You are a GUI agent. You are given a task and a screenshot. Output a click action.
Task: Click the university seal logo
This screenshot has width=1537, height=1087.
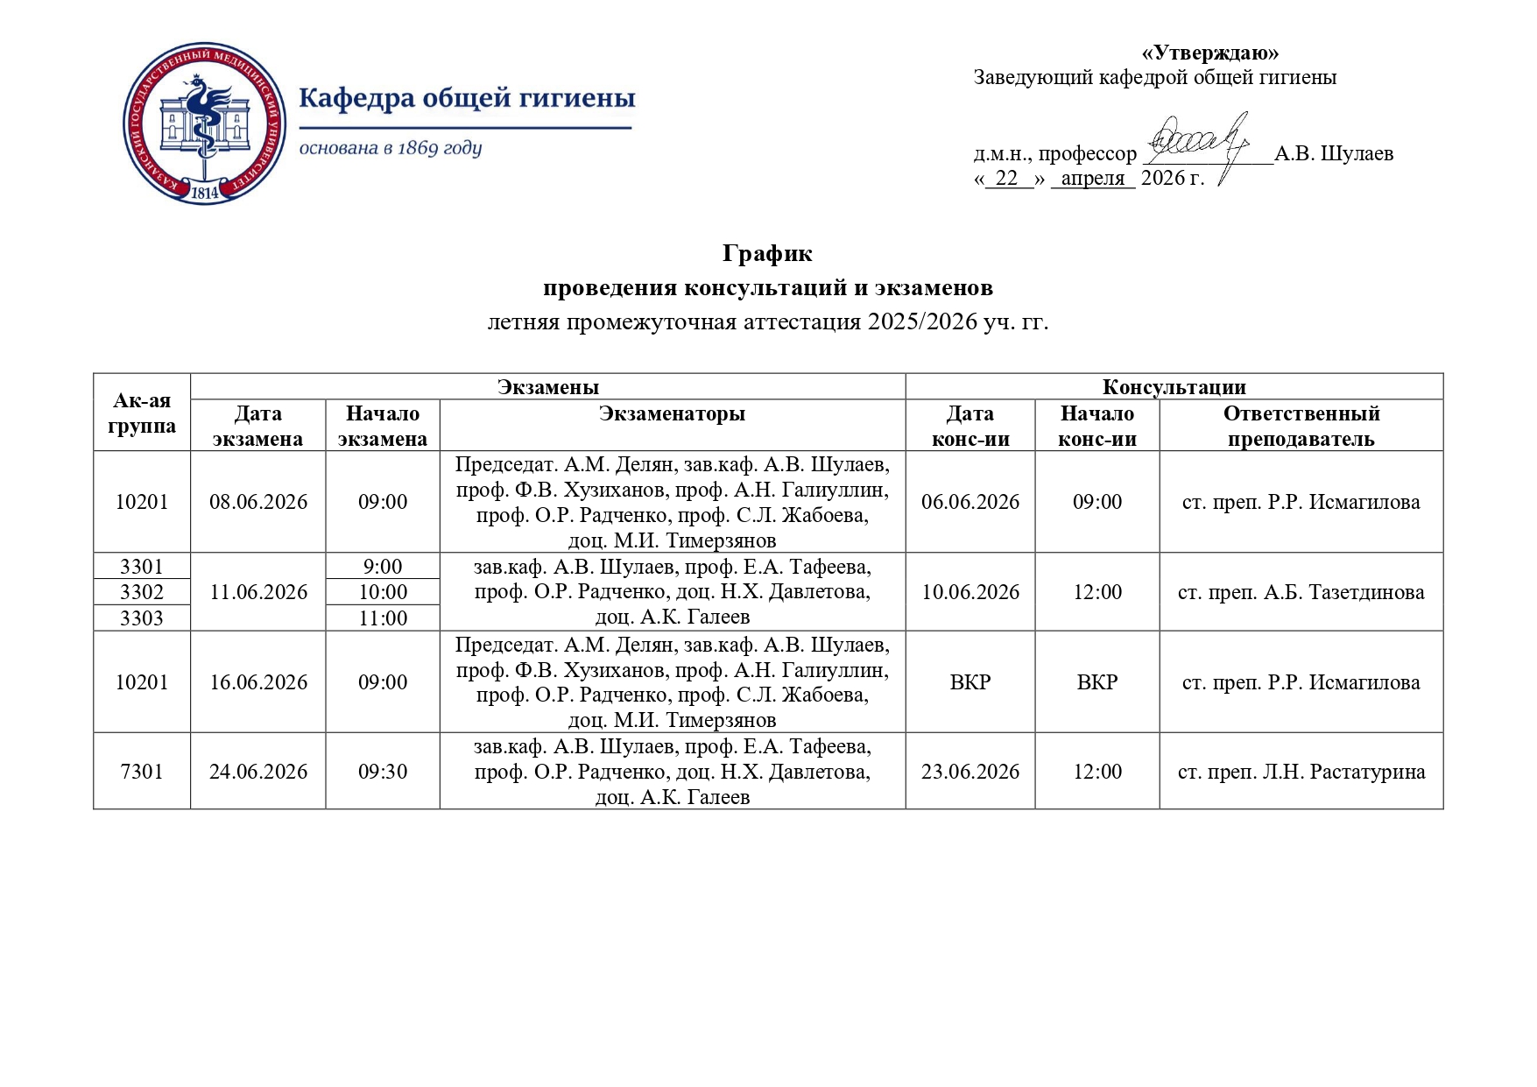click(x=204, y=128)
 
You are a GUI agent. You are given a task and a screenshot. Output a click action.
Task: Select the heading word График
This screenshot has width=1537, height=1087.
click(x=767, y=254)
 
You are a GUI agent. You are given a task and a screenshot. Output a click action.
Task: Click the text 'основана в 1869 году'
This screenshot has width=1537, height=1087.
click(x=391, y=148)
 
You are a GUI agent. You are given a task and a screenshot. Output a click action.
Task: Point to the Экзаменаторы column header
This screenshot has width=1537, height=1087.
click(x=672, y=413)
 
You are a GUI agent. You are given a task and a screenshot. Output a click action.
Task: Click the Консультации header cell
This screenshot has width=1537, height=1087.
click(x=1174, y=387)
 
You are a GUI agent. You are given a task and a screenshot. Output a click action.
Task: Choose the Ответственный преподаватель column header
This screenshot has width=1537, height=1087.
click(x=1301, y=426)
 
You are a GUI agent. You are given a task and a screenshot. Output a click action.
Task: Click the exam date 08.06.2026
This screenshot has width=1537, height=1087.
click(x=258, y=502)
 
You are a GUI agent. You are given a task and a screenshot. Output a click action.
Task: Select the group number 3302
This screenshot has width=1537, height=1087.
click(x=142, y=592)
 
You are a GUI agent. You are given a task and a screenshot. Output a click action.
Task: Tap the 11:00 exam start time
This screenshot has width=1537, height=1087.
click(x=383, y=618)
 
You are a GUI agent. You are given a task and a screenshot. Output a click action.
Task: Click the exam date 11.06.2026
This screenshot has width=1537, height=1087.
click(x=258, y=592)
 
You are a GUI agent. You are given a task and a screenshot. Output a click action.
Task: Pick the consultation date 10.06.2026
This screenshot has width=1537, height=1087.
click(x=970, y=592)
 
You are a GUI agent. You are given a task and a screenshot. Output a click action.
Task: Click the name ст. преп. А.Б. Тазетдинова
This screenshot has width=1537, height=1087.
click(x=1301, y=592)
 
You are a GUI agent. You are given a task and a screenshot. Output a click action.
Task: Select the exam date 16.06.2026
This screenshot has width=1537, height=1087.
click(x=258, y=682)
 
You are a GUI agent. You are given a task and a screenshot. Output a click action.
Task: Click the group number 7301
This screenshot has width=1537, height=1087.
click(x=142, y=772)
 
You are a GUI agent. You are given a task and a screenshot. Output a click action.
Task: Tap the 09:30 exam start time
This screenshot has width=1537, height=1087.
click(x=383, y=772)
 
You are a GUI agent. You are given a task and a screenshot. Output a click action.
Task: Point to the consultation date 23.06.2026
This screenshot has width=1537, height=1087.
click(x=970, y=772)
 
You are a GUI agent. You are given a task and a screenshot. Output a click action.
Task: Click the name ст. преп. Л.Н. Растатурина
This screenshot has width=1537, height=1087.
click(x=1301, y=772)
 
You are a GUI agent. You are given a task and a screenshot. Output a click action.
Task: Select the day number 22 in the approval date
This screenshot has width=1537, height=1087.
click(x=1007, y=179)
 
